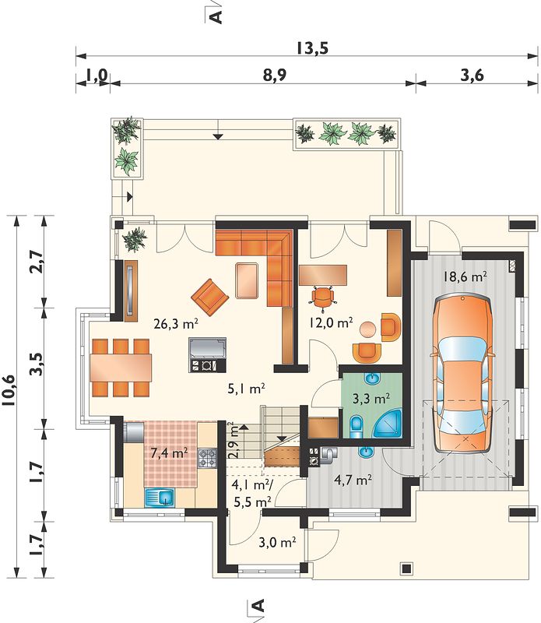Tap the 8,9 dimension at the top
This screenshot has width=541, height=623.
[275, 75]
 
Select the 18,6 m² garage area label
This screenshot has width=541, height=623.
[465, 276]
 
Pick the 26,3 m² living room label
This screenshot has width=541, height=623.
[176, 324]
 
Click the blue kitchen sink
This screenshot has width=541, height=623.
[160, 498]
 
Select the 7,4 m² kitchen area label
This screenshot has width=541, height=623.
[169, 452]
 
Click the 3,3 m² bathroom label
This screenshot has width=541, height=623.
[371, 398]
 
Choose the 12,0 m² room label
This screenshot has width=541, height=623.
[332, 322]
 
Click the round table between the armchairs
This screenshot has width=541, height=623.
[368, 329]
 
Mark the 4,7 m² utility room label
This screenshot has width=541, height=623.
[353, 480]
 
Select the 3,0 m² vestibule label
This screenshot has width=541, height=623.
[277, 542]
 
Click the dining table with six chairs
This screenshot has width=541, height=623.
[121, 368]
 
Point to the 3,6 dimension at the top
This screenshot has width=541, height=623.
[472, 75]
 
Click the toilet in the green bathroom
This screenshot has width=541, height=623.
[357, 427]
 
